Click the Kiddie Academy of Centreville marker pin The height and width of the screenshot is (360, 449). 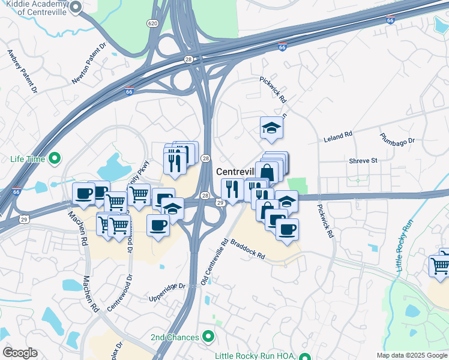[76, 7]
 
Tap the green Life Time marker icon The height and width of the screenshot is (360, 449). [55, 159]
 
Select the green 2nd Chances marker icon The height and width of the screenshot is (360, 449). [208, 337]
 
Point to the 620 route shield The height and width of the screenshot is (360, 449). [152, 23]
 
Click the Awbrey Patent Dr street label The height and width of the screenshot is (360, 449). [22, 70]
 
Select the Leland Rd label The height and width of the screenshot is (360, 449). [338, 137]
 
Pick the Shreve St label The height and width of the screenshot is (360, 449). [363, 160]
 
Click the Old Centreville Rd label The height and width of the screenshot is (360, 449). [215, 262]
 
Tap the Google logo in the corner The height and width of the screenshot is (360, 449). [19, 353]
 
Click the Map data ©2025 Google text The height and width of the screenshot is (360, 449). [411, 355]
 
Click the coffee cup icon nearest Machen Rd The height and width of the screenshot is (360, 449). [83, 193]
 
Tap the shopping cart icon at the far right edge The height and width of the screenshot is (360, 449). [440, 265]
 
